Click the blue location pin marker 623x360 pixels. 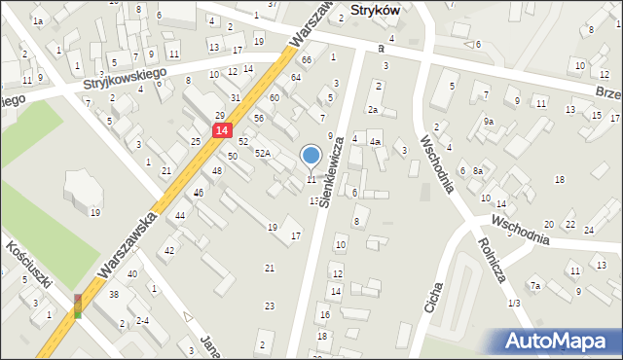coord(311,156)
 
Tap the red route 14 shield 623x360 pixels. coord(223,130)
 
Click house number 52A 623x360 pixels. coord(263,154)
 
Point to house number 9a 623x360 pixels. coord(489,122)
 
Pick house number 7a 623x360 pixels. coord(534,286)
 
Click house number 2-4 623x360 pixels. coord(142,320)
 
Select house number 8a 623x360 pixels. coord(478,171)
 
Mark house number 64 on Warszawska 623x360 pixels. coord(295,77)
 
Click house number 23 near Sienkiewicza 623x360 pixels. coord(270,306)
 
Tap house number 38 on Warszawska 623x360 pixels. coord(114,294)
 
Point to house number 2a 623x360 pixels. coord(372,110)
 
